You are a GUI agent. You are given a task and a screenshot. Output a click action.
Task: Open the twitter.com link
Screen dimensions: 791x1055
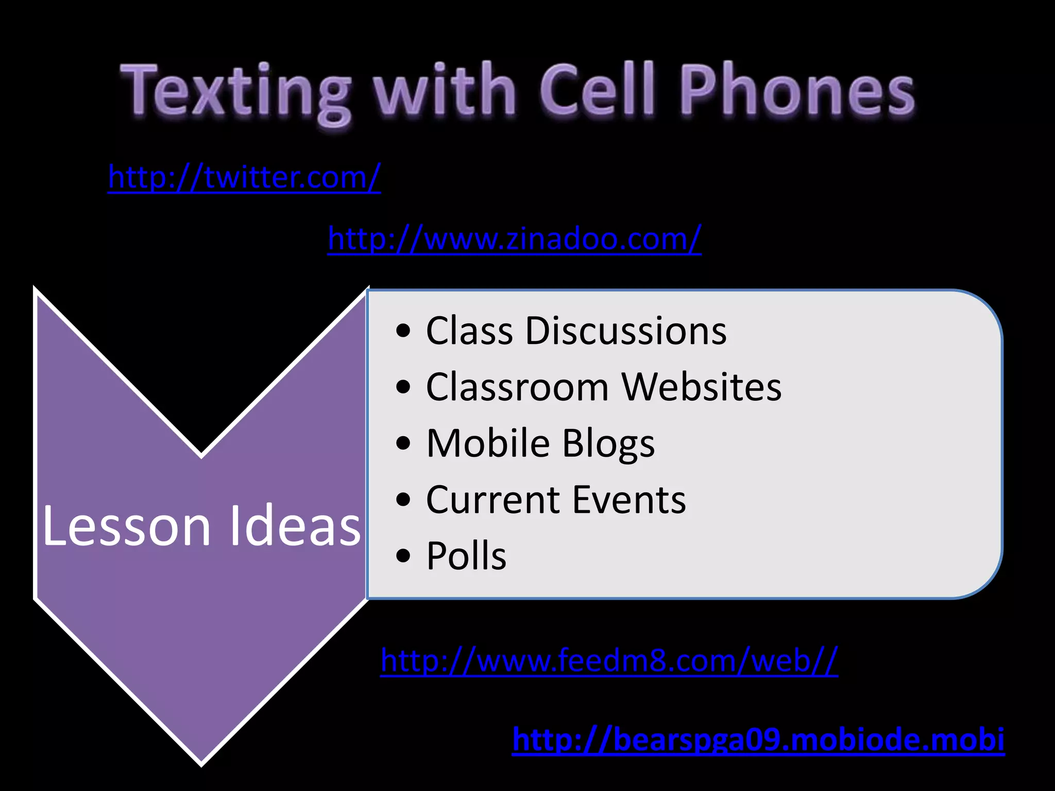point(244,178)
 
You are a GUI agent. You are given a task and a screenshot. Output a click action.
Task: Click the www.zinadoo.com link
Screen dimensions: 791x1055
point(514,239)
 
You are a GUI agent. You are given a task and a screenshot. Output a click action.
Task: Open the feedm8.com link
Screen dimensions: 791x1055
point(609,660)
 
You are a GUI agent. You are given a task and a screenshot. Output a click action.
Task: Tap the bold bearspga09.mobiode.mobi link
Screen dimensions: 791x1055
point(758,740)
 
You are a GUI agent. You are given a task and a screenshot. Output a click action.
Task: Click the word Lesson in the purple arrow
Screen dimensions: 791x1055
point(127,526)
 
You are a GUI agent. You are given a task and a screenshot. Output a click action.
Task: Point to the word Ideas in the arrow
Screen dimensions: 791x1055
point(295,526)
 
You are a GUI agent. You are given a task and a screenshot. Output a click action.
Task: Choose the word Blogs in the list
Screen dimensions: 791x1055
point(608,444)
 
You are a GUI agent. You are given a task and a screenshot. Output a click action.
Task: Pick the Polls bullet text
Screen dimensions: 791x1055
point(466,556)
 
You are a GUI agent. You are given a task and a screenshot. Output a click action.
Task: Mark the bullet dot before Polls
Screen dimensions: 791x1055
point(404,557)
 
